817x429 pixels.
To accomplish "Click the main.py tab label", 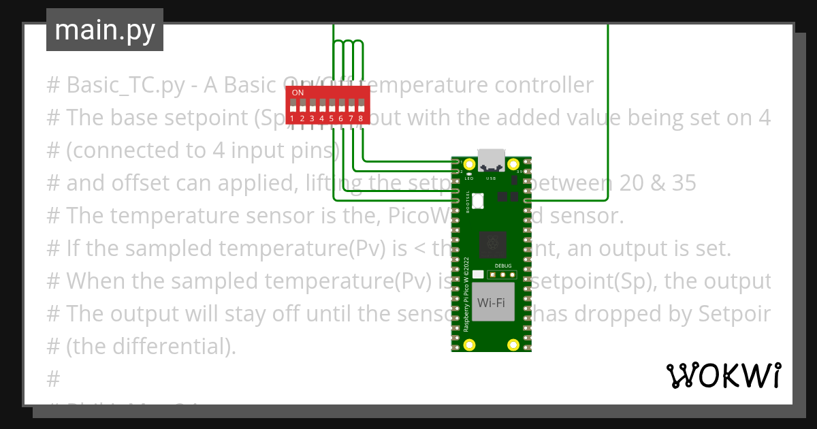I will coord(105,30).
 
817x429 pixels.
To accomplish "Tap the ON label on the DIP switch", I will coord(298,92).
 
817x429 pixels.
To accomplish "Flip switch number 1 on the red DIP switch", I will coord(293,106).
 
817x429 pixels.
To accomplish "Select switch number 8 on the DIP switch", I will coord(360,106).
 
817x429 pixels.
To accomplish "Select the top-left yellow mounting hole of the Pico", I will coord(468,164).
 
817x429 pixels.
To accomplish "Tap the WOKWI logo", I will coord(723,375).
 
